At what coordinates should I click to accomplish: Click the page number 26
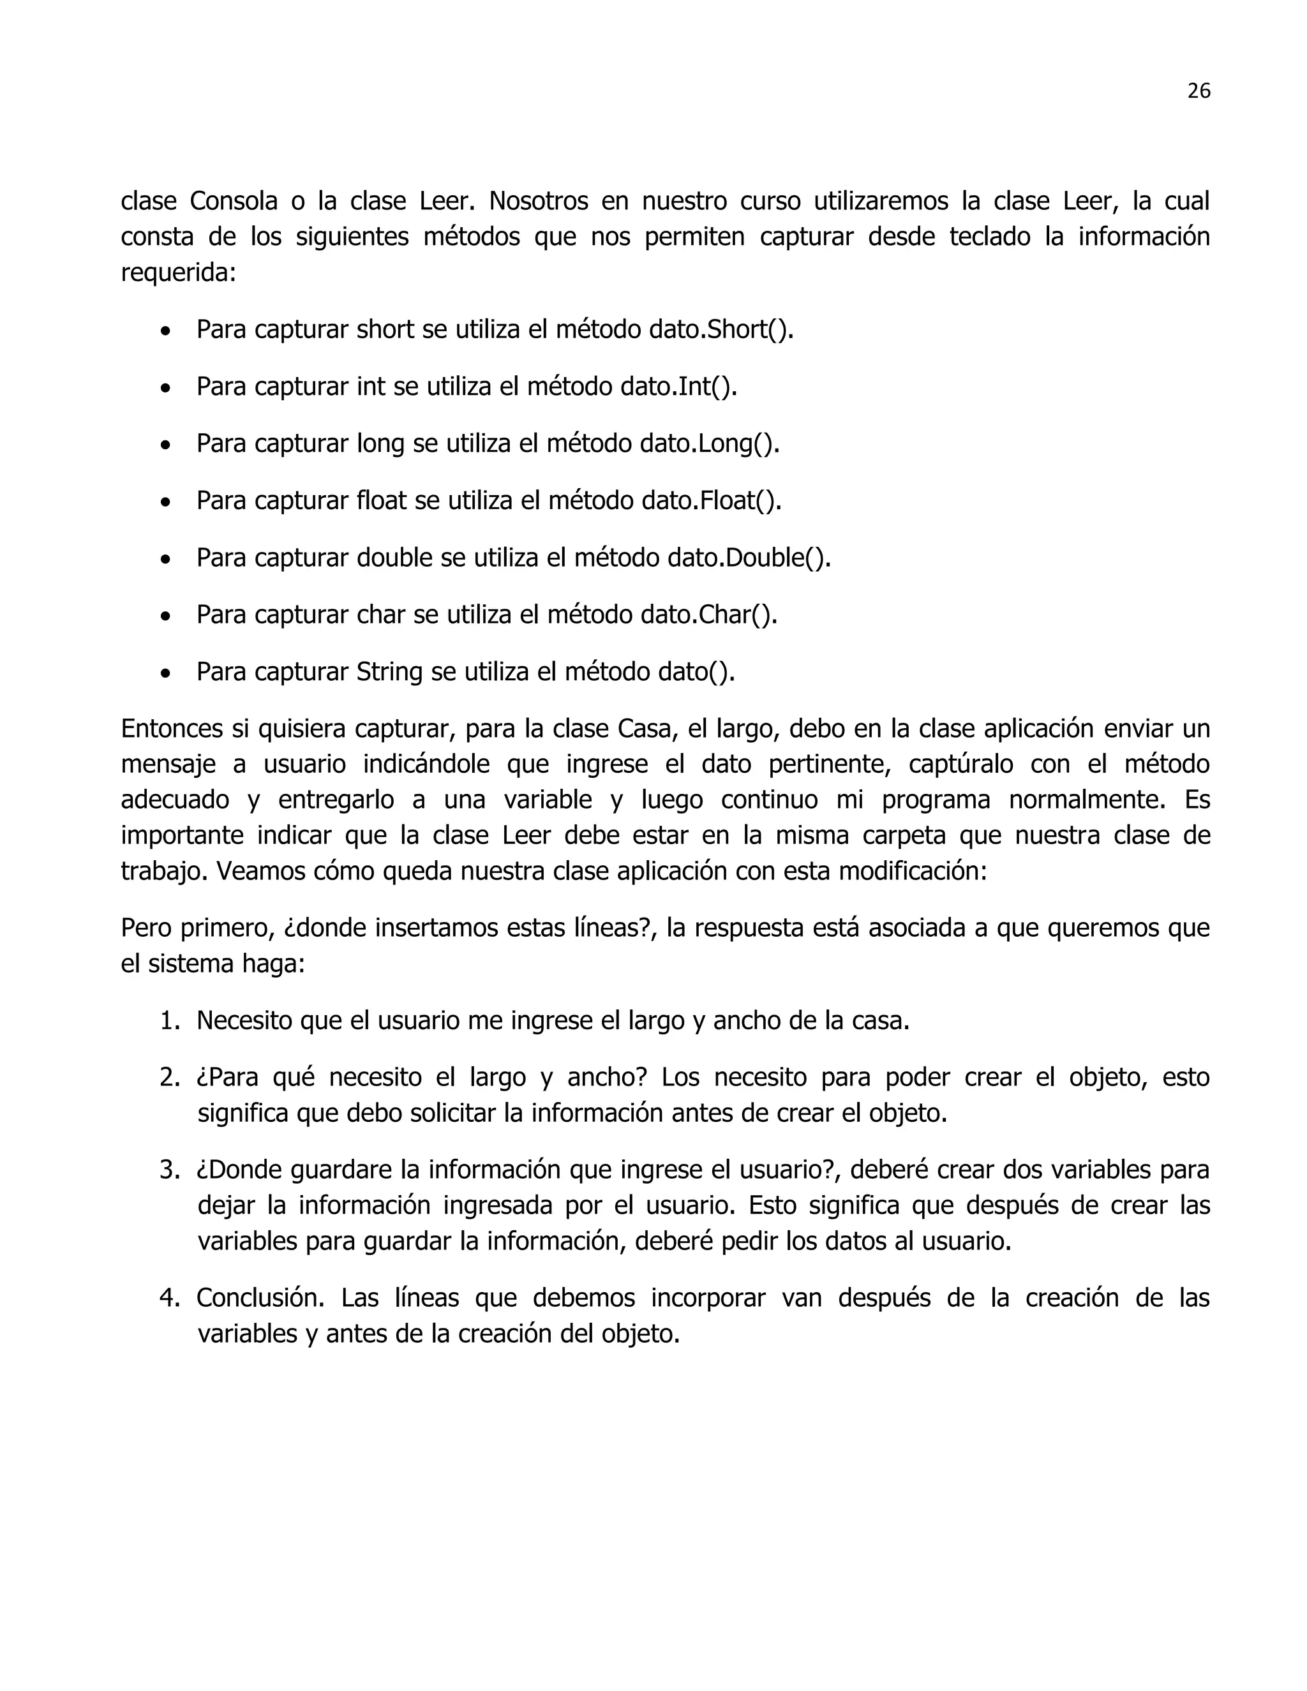(1198, 91)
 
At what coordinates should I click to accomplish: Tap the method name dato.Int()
(678, 386)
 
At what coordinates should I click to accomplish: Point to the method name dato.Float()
(712, 501)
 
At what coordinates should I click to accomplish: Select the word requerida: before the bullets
(178, 273)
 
